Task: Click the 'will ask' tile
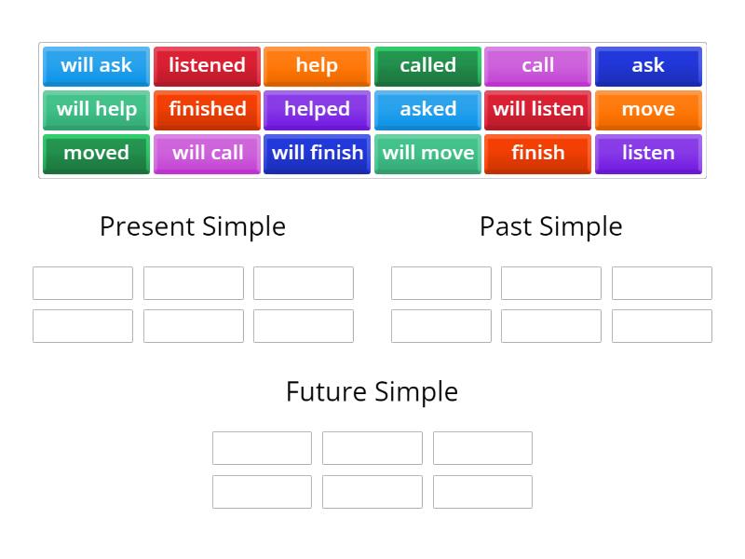click(x=96, y=65)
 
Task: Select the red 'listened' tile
click(x=207, y=65)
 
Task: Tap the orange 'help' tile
click(x=317, y=65)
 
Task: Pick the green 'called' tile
click(x=427, y=65)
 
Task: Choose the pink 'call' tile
click(x=537, y=65)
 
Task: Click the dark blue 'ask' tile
click(x=648, y=65)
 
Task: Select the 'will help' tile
click(x=96, y=109)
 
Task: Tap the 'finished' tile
click(x=207, y=109)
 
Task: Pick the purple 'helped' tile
click(x=317, y=109)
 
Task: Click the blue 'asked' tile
click(x=427, y=109)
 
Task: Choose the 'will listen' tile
click(x=537, y=109)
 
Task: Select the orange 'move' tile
click(x=648, y=109)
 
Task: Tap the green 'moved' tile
click(x=96, y=153)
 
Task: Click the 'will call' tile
click(x=207, y=153)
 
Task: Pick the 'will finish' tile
click(x=317, y=153)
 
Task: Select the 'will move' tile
click(x=427, y=153)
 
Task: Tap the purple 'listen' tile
click(x=648, y=153)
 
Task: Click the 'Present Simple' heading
click(x=193, y=226)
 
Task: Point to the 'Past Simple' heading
click(x=551, y=226)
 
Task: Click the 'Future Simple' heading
click(x=372, y=391)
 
